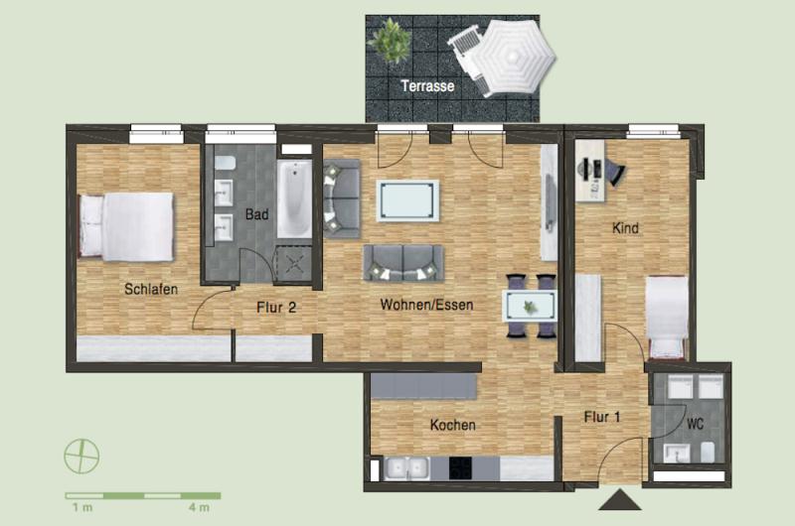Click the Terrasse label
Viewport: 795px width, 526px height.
427,86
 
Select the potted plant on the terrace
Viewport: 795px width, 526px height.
390,40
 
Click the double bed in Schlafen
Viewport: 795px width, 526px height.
126,226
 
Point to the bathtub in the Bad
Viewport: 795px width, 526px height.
294,198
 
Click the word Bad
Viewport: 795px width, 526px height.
256,214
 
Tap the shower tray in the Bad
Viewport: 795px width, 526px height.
293,264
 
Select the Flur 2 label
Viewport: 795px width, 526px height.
276,308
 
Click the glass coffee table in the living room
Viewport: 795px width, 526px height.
407,200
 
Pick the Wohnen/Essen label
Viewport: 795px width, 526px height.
427,305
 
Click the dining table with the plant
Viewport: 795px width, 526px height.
530,306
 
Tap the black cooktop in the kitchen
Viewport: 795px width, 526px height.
460,468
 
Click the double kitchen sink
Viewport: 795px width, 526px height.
406,468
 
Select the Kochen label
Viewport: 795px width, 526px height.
453,425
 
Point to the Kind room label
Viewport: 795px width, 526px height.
625,228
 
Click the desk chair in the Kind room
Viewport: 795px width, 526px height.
614,172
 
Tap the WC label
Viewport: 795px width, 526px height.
695,424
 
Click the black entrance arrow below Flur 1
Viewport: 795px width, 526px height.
619,499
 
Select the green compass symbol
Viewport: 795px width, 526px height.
81,457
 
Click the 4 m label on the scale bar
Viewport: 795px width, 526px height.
200,507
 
